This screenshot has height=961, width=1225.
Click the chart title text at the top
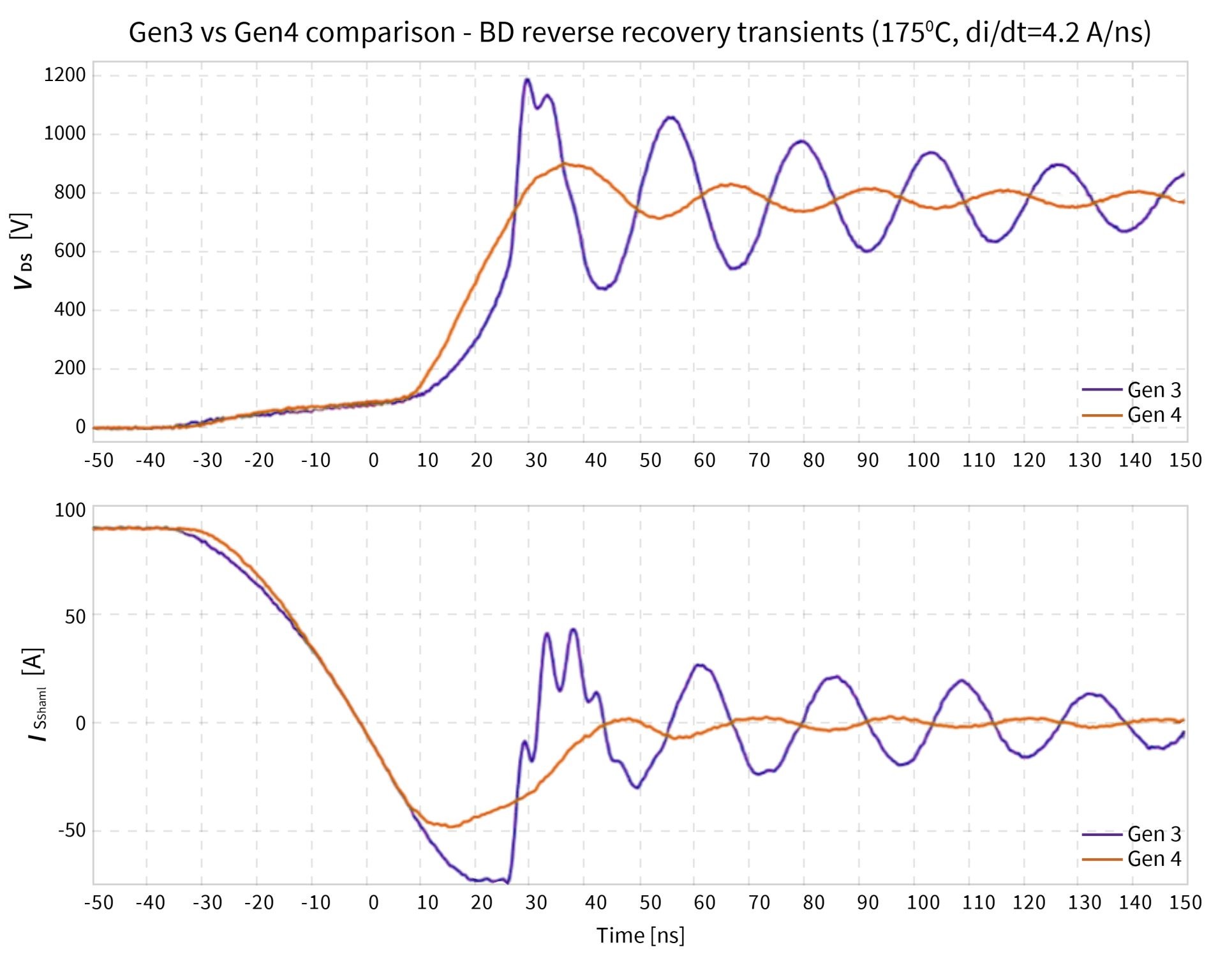click(639, 32)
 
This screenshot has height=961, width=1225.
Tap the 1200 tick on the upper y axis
click(64, 75)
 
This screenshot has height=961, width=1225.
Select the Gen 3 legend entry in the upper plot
click(1132, 389)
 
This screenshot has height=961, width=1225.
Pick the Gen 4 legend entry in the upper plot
click(1132, 415)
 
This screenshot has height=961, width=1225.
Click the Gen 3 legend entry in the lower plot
click(1132, 833)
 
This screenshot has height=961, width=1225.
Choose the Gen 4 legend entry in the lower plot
click(1132, 859)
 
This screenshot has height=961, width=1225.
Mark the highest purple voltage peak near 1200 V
click(527, 79)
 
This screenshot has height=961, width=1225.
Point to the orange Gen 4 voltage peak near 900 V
click(564, 163)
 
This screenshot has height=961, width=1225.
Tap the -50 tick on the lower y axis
click(71, 830)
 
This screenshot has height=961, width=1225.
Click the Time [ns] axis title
click(640, 935)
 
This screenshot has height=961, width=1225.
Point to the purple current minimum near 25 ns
click(507, 883)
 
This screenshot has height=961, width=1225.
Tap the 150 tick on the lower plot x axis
click(1185, 902)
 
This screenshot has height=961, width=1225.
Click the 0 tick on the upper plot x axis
click(373, 460)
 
